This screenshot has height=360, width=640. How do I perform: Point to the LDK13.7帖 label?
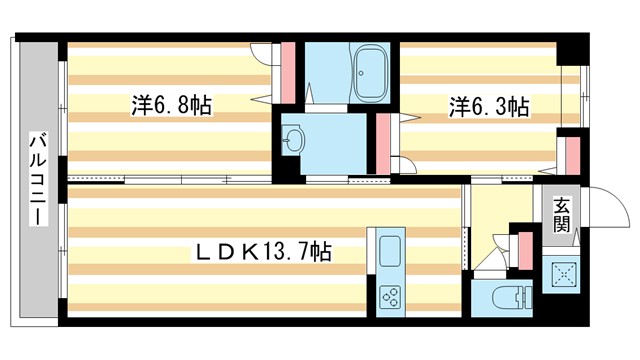[263, 253]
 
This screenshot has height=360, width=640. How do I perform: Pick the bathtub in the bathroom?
[369, 74]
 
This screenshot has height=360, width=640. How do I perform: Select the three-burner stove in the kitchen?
[388, 297]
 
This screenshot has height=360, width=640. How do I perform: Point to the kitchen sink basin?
[388, 249]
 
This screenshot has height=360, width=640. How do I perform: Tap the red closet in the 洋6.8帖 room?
[287, 69]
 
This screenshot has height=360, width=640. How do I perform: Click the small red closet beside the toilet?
[523, 250]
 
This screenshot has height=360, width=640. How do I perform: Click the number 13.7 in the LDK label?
[286, 253]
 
